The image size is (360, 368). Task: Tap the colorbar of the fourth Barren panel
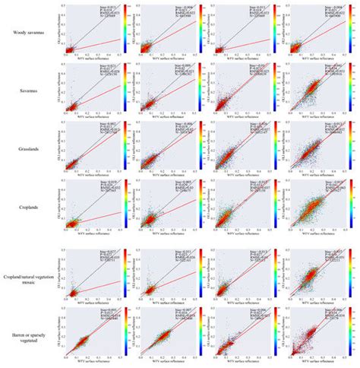coord(353,330)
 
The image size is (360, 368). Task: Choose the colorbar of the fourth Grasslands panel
coord(353,144)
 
